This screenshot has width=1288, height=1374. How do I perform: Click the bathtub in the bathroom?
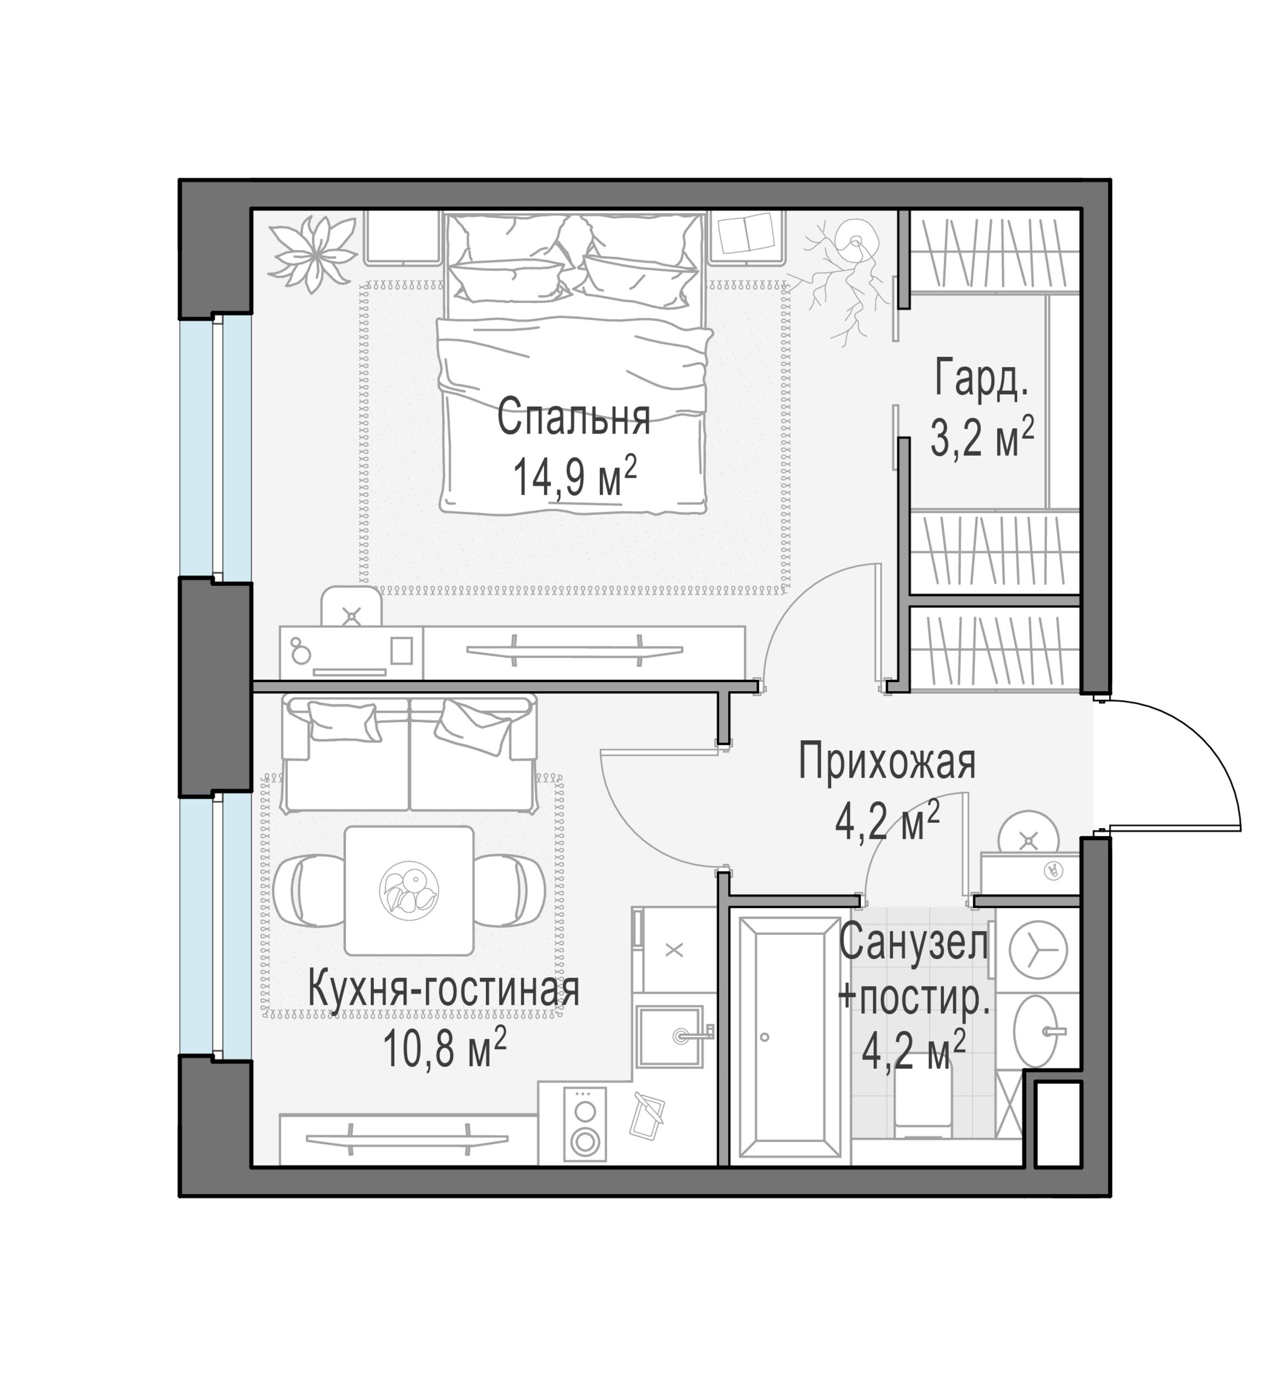pyautogui.click(x=789, y=1037)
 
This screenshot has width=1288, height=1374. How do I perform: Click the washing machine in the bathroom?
pyautogui.click(x=1038, y=949)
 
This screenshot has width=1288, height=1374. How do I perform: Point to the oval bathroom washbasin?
pyautogui.click(x=1036, y=1032)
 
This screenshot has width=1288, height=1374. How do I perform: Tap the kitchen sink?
pyautogui.click(x=669, y=1037)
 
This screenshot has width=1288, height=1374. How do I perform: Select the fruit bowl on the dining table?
pyautogui.click(x=408, y=891)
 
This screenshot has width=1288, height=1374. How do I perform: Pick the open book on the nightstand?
pyautogui.click(x=745, y=234)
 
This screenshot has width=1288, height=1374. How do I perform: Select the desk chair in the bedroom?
pyautogui.click(x=351, y=607)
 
